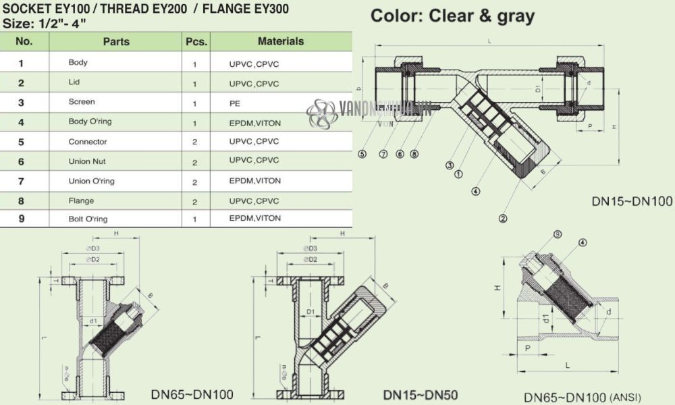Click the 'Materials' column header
click(x=281, y=41)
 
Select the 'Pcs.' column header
click(x=196, y=41)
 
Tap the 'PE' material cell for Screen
click(x=235, y=104)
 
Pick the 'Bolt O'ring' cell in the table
click(x=88, y=219)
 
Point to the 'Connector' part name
click(x=88, y=142)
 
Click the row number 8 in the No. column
click(x=22, y=200)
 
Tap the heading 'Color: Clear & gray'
click(x=452, y=16)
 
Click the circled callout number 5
click(x=362, y=154)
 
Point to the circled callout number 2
click(x=502, y=218)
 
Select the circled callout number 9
click(x=558, y=234)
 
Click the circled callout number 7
click(x=383, y=154)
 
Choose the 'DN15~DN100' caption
click(x=632, y=201)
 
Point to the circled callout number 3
click(x=448, y=165)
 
